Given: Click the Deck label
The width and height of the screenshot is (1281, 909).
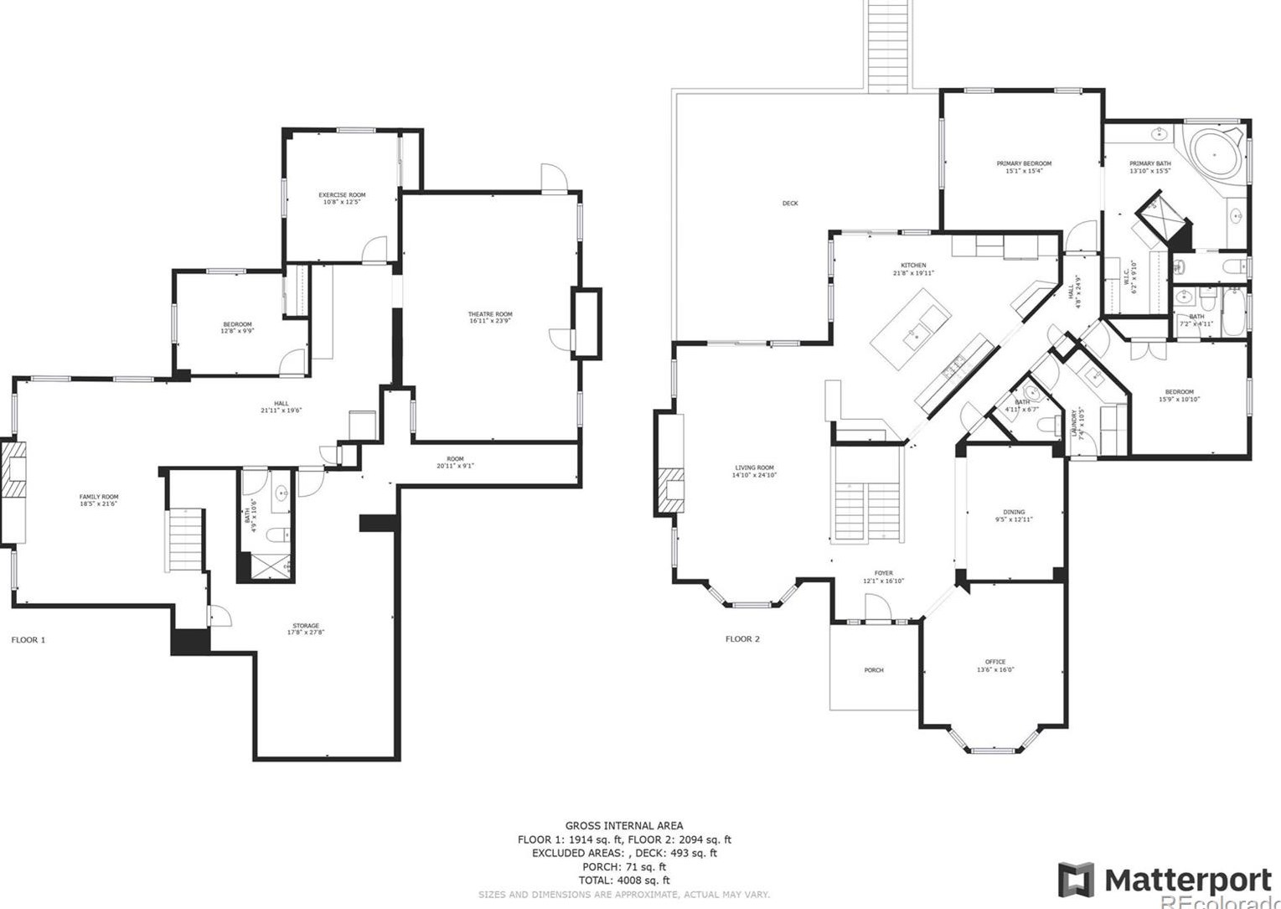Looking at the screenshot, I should pyautogui.click(x=790, y=204).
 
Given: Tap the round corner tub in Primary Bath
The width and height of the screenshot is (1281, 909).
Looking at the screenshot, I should pyautogui.click(x=1214, y=153).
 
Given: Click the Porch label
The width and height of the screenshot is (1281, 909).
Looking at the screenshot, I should pyautogui.click(x=874, y=670).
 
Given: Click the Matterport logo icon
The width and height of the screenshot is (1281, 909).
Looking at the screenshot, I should pyautogui.click(x=1075, y=880).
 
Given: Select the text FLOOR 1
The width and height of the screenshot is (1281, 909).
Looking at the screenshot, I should pyautogui.click(x=28, y=640).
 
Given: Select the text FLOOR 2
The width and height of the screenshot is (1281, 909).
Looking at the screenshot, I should pyautogui.click(x=742, y=639).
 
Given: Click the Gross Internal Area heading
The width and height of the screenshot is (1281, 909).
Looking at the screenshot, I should pyautogui.click(x=623, y=826).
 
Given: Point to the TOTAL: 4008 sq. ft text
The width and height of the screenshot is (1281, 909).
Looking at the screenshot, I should pyautogui.click(x=623, y=881).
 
